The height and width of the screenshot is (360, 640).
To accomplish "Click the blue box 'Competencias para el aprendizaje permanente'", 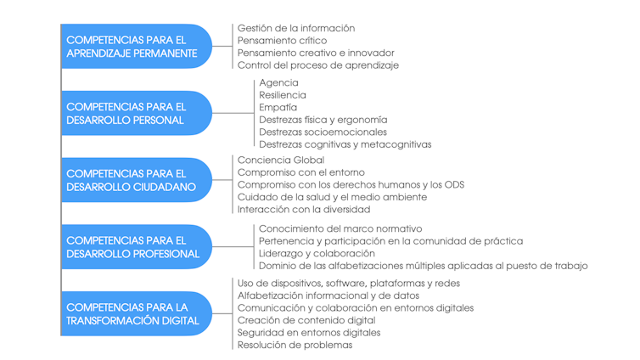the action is pyautogui.click(x=137, y=46).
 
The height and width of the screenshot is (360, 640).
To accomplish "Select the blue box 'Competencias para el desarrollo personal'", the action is pyautogui.click(x=137, y=113).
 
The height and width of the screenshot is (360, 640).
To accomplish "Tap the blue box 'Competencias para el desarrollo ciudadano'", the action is pyautogui.click(x=137, y=180).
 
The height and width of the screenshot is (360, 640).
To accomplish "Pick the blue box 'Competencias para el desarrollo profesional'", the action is pyautogui.click(x=137, y=247).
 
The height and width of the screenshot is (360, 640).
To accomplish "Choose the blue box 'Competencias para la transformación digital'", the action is pyautogui.click(x=137, y=313).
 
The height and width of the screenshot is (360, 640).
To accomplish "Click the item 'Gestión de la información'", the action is pyautogui.click(x=296, y=28).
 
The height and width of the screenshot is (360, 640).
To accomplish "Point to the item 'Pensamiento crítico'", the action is pyautogui.click(x=282, y=41).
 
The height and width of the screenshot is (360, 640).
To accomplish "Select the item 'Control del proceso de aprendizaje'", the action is pyautogui.click(x=318, y=65).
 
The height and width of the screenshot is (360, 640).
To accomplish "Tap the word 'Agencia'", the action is pyautogui.click(x=278, y=83).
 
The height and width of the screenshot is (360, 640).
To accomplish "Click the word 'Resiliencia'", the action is pyautogui.click(x=283, y=95).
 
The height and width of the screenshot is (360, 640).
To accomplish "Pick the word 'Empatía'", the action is pyautogui.click(x=278, y=107).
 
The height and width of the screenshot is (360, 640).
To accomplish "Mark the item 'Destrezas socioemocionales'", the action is pyautogui.click(x=323, y=132).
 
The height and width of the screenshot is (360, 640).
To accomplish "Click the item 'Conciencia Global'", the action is pyautogui.click(x=281, y=160).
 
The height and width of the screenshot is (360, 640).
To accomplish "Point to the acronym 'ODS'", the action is pyautogui.click(x=454, y=185).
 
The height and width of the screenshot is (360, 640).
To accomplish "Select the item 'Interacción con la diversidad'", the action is pyautogui.click(x=304, y=210).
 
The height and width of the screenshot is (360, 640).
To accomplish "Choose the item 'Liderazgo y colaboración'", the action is pyautogui.click(x=317, y=254).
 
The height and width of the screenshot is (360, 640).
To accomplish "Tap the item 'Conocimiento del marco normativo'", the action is pyautogui.click(x=340, y=228).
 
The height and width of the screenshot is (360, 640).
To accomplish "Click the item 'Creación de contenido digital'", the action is pyautogui.click(x=306, y=320).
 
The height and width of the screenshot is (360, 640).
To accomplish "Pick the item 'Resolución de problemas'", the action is pyautogui.click(x=295, y=345).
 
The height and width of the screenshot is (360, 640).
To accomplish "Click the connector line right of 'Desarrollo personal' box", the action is pyautogui.click(x=233, y=113).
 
